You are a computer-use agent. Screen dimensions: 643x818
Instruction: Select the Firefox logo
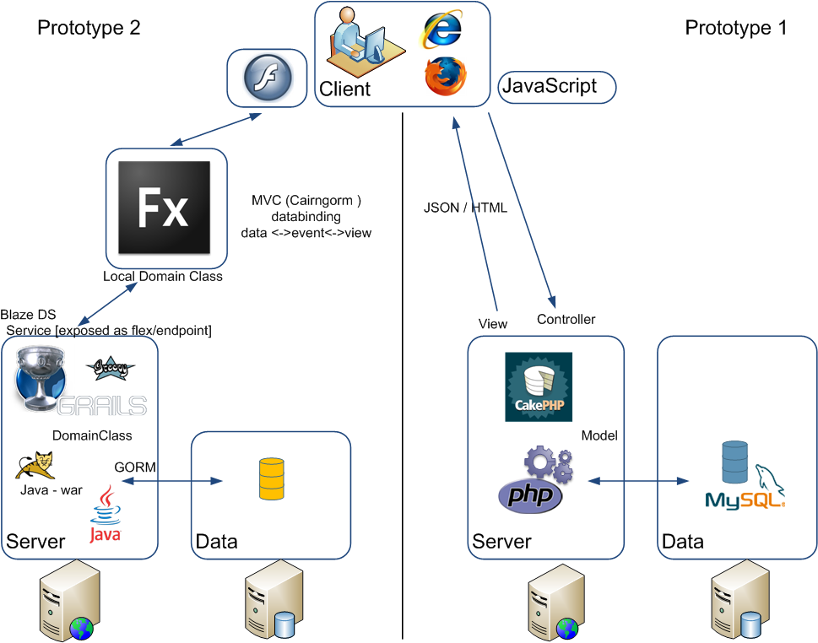click(445, 75)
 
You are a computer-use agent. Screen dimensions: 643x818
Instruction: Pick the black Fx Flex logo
click(164, 208)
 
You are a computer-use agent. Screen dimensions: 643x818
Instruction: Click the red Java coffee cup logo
click(106, 514)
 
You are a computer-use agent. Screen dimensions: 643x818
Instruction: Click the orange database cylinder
click(272, 480)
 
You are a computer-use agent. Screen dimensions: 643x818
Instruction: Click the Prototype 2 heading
click(89, 28)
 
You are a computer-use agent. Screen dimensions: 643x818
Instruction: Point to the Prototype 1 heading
click(735, 28)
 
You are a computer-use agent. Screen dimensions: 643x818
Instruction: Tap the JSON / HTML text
click(465, 208)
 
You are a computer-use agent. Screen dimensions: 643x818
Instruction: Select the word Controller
click(566, 319)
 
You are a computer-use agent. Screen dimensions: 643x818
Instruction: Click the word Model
click(599, 435)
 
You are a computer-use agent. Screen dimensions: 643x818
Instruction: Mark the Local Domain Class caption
click(163, 276)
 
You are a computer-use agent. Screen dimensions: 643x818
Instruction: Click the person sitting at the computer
click(359, 42)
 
